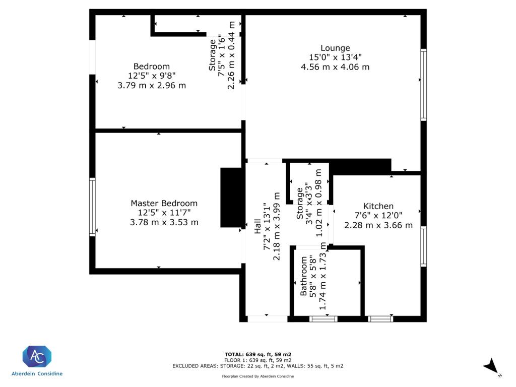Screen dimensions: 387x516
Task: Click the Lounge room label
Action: tap(335, 48)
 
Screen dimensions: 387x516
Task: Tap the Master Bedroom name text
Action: tap(164, 203)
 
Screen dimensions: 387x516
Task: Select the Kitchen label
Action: tap(378, 206)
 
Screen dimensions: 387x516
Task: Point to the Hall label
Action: tap(258, 226)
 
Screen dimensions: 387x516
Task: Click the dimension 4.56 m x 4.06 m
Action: tap(335, 67)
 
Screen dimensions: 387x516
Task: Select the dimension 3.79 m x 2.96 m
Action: tap(152, 85)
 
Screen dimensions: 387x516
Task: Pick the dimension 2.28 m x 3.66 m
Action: tap(378, 225)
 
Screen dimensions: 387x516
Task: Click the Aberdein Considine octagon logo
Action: tap(37, 357)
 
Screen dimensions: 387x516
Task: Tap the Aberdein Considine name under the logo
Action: tap(37, 374)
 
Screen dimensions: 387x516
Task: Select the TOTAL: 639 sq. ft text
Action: tap(258, 354)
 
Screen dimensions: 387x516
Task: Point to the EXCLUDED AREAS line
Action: tap(258, 366)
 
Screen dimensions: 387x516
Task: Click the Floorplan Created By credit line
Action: tap(258, 376)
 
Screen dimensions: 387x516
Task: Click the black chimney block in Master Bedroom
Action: tap(231, 198)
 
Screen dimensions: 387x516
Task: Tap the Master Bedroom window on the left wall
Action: tap(92, 207)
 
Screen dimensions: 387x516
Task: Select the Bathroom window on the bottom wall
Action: tap(323, 318)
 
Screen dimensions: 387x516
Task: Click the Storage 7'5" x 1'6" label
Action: tap(214, 55)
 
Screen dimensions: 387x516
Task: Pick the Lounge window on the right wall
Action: tap(424, 85)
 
